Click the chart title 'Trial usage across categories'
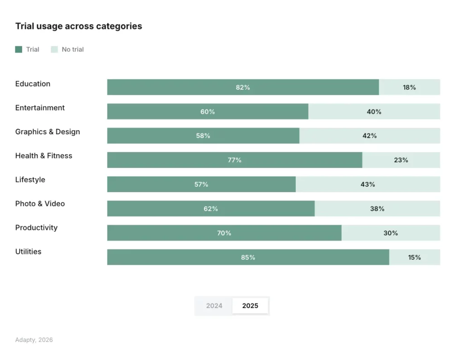tap(78, 26)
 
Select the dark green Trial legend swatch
tap(19, 49)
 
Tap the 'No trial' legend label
tap(72, 49)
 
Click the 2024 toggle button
tap(214, 306)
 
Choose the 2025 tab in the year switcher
tap(250, 306)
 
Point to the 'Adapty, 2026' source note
tap(34, 340)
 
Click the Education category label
tap(33, 84)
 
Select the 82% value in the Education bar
tap(243, 88)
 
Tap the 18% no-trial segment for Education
tap(409, 88)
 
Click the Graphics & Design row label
tap(48, 132)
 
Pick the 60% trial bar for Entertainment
tap(208, 112)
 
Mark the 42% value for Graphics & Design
tap(370, 136)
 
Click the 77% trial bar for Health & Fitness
tap(234, 160)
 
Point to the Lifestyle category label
tap(30, 180)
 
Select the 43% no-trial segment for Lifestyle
tap(367, 185)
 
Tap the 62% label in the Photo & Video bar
tap(211, 209)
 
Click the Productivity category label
tap(36, 228)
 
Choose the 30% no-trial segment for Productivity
tap(391, 233)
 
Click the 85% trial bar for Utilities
tap(248, 257)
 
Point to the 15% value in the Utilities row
tap(414, 257)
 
